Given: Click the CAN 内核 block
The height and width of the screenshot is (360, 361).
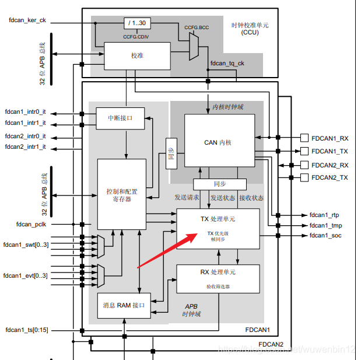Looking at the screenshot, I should coord(219,141).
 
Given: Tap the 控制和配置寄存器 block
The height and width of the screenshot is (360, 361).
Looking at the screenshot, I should coord(121,194).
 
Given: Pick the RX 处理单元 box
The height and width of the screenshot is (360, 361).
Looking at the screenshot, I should coord(218,278).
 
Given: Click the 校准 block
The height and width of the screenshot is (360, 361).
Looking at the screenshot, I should coord(136,55).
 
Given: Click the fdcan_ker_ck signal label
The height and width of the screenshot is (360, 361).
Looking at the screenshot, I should coord(27,21).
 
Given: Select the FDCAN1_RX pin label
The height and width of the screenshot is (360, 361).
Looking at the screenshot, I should coord(330,138).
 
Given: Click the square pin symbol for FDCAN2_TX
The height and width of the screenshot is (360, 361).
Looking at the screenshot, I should coord(304,177).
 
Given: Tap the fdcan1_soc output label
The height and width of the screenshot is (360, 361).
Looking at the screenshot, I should coord(325,236).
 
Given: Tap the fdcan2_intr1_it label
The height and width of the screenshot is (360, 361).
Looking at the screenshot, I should coord(26,148).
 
